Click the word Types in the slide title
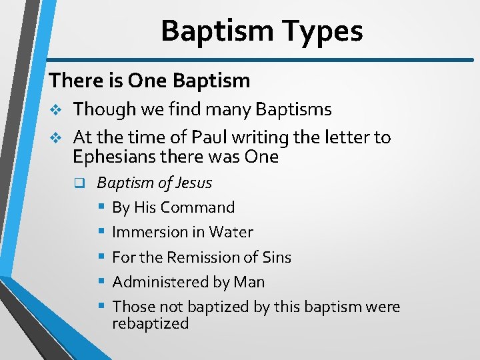coord(323,31)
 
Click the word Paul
coord(210,137)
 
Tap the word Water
coord(231,232)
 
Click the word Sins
coord(276,257)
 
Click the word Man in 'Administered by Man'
coord(249,282)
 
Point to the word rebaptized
coord(151,323)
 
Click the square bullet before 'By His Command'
coord(101,207)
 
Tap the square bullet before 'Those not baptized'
coord(101,307)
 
